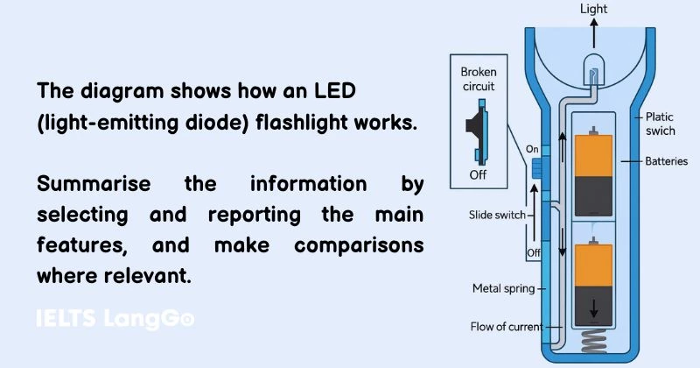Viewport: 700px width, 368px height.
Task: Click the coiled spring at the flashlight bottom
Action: point(596,341)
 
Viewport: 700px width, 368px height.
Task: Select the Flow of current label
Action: point(505,327)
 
